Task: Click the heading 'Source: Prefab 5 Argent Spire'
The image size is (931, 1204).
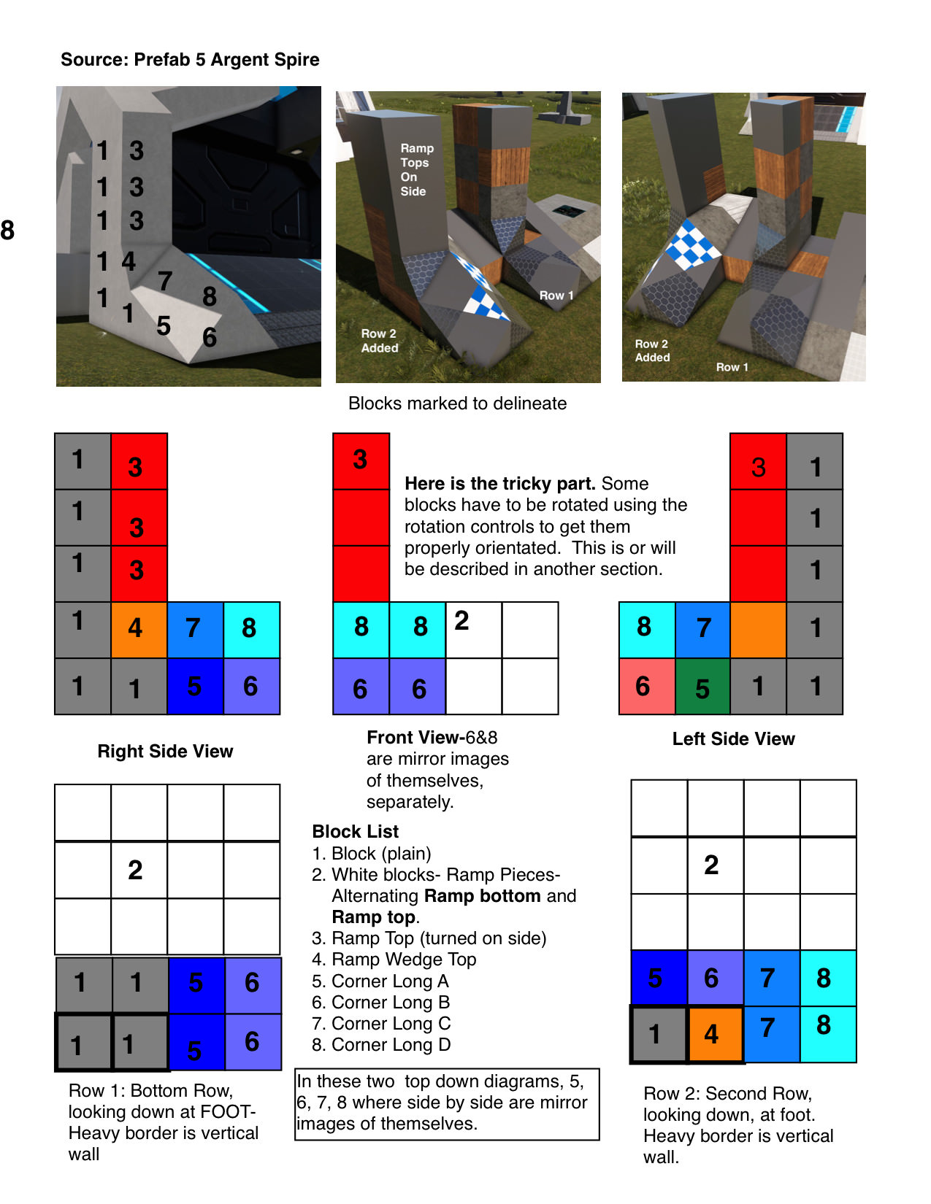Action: click(190, 60)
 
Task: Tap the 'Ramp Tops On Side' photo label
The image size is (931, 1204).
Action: click(416, 170)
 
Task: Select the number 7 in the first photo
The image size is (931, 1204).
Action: click(166, 281)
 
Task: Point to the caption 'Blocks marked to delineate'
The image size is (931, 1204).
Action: click(457, 404)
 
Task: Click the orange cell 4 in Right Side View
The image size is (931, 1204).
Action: click(139, 629)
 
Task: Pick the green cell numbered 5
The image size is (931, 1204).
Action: click(702, 687)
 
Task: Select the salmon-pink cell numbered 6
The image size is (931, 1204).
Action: click(646, 687)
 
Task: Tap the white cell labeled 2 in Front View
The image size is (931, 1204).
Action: click(473, 629)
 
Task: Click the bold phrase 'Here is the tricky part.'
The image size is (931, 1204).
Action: click(500, 484)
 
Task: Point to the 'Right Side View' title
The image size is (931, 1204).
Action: click(165, 752)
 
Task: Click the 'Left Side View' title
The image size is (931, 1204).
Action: click(733, 739)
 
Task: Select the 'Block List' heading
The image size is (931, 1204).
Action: click(355, 832)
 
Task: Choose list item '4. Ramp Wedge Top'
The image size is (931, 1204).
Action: click(394, 960)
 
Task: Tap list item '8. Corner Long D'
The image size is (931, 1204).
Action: click(381, 1045)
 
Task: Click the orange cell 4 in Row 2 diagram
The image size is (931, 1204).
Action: click(714, 1034)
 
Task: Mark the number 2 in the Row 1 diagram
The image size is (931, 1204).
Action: click(136, 870)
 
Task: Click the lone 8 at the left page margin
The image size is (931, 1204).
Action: click(8, 231)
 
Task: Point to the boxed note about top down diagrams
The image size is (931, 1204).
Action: click(446, 1103)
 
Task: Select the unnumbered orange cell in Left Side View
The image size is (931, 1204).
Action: click(758, 629)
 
